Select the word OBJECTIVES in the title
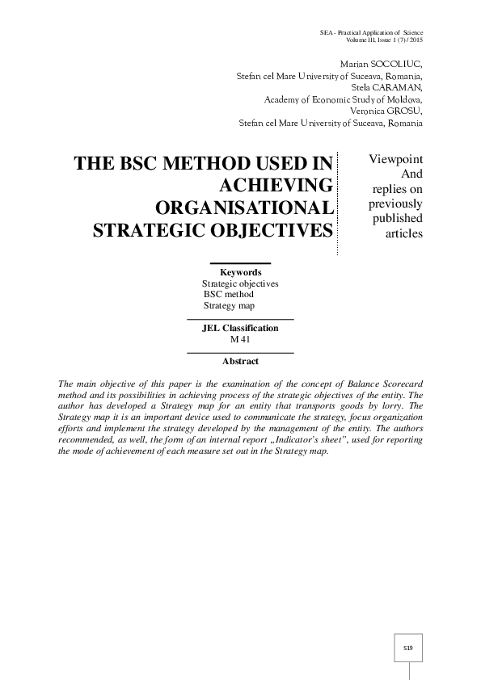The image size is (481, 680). (x=273, y=230)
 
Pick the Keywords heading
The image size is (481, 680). (x=240, y=273)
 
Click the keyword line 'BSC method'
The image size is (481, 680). (x=229, y=295)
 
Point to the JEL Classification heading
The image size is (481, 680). (x=240, y=329)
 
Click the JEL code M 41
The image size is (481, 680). (x=240, y=340)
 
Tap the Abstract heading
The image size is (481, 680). (x=240, y=362)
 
